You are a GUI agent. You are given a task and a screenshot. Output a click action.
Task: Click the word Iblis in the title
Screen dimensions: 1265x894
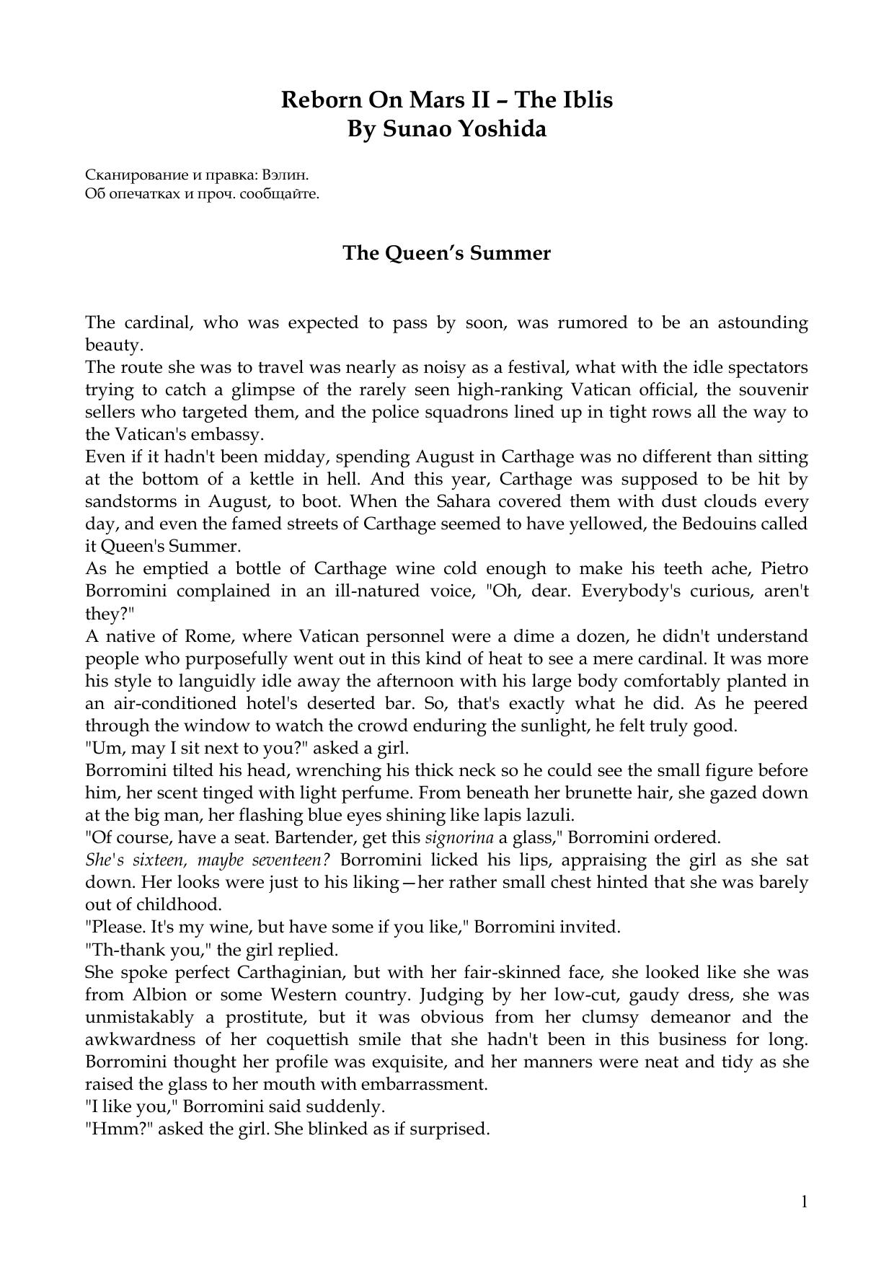(x=588, y=100)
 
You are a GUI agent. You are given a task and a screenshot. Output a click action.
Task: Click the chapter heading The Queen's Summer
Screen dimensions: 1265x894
(x=446, y=253)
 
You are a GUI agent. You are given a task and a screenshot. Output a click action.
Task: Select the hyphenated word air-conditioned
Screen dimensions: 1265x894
(x=172, y=704)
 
